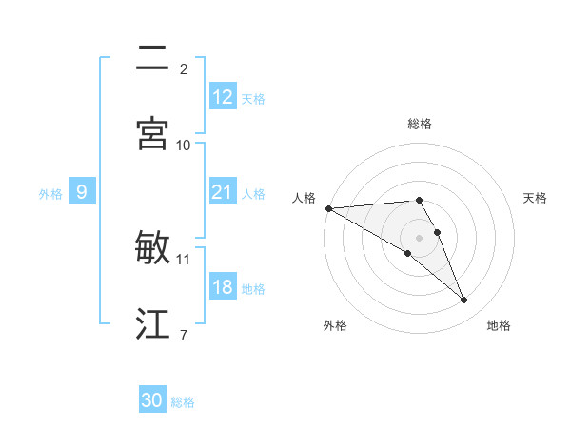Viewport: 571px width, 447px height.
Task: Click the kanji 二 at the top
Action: pyautogui.click(x=153, y=60)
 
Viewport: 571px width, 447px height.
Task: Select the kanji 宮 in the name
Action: pyautogui.click(x=153, y=134)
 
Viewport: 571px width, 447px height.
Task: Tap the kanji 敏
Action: pyautogui.click(x=153, y=248)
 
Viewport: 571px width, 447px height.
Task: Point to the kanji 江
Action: pyautogui.click(x=153, y=324)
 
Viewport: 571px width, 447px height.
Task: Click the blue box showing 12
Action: pyautogui.click(x=222, y=97)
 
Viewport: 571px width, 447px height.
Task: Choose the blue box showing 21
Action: pyautogui.click(x=222, y=192)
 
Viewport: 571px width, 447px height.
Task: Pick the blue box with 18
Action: pyautogui.click(x=222, y=287)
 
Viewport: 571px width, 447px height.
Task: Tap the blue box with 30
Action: pyautogui.click(x=152, y=401)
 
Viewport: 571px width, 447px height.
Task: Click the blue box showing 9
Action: pyautogui.click(x=82, y=192)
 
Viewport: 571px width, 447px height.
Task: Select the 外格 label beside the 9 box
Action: pyautogui.click(x=50, y=193)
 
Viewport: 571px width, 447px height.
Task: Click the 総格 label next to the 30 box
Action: pyautogui.click(x=183, y=402)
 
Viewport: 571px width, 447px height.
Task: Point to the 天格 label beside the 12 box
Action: pyautogui.click(x=253, y=98)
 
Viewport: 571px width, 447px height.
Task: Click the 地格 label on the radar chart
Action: pyautogui.click(x=499, y=325)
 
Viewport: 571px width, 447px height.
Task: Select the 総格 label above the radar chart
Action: pyautogui.click(x=420, y=124)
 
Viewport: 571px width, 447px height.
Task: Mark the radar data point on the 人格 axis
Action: pyautogui.click(x=328, y=208)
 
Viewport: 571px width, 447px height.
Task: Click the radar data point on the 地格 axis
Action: pyautogui.click(x=464, y=301)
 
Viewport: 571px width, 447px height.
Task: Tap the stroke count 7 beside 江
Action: pyautogui.click(x=183, y=334)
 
